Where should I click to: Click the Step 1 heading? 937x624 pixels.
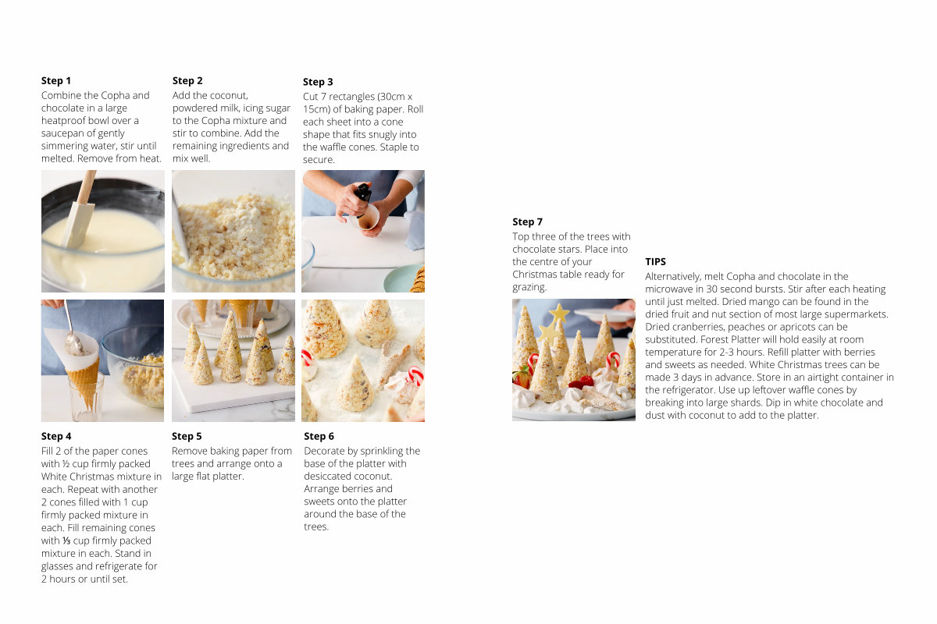pos(56,80)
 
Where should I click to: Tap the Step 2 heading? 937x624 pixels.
pos(187,80)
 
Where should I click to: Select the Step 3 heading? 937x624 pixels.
pos(318,82)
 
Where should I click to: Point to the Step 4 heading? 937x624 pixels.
pos(56,436)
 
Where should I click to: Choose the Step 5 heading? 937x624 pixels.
pos(187,436)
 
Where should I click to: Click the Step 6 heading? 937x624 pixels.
pos(319,436)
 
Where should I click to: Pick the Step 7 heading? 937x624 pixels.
pos(528,222)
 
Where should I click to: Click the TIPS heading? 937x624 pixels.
pos(655,261)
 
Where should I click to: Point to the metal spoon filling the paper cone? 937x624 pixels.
pos(72,331)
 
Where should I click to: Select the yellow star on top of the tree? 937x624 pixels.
pos(559,313)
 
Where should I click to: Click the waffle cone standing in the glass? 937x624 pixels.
pos(87,382)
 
